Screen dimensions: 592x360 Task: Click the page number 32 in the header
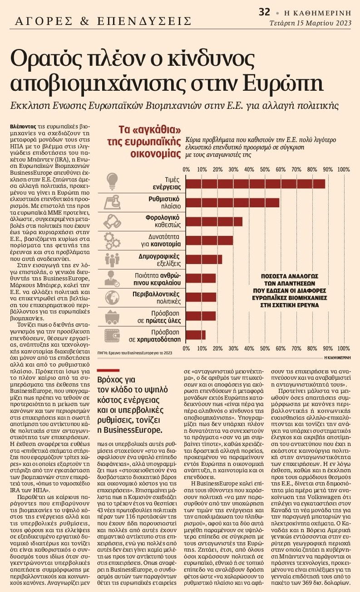(x=265, y=12)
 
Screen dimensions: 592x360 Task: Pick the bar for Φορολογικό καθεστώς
(x=214, y=221)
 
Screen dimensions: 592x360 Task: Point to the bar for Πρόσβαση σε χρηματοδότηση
(x=195, y=335)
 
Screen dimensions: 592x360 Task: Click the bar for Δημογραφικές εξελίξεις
(x=204, y=259)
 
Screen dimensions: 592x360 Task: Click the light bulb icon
(x=112, y=183)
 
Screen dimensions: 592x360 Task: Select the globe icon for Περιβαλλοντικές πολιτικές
(x=112, y=297)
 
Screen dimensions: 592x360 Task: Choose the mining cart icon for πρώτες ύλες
(x=112, y=316)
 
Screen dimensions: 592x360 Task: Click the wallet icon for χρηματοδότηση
(x=112, y=335)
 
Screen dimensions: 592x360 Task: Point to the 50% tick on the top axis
(x=265, y=170)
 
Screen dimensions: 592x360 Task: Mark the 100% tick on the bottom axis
(x=343, y=348)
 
